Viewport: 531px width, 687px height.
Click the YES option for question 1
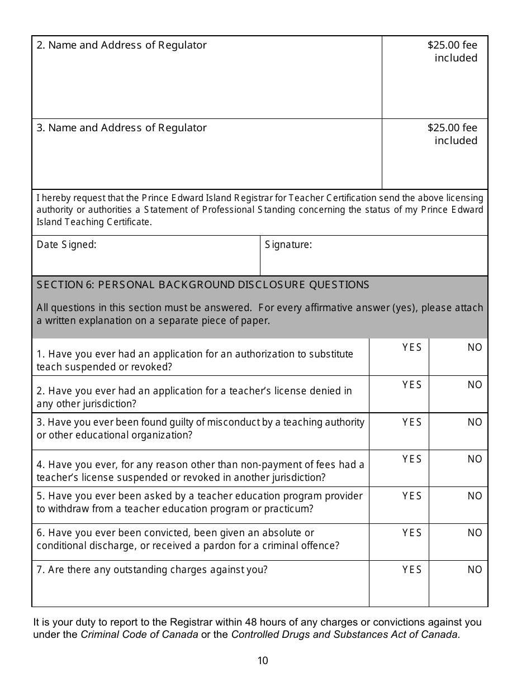pos(412,347)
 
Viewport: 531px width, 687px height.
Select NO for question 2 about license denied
pos(475,385)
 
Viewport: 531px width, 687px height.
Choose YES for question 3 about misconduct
pos(412,422)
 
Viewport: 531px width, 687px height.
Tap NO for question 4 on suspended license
pos(475,459)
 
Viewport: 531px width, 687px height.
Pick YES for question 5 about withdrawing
pos(412,496)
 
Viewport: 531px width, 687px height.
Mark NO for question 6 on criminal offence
pos(475,533)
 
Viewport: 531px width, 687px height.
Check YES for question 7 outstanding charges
pos(412,570)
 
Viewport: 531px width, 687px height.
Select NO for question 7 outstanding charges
pos(475,570)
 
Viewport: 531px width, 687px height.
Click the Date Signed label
pos(67,244)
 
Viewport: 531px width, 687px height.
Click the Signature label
pos(288,244)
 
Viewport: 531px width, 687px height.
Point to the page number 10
pos(263,661)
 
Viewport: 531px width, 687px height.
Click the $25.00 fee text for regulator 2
pos(452,45)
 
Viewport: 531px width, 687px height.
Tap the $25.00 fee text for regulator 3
pos(452,128)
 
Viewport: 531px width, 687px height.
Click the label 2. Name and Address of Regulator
pos(121,45)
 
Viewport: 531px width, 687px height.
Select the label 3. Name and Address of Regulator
pos(121,128)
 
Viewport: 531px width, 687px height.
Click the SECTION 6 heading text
pos(203,285)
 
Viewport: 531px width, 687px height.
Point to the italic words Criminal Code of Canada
pos(139,634)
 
